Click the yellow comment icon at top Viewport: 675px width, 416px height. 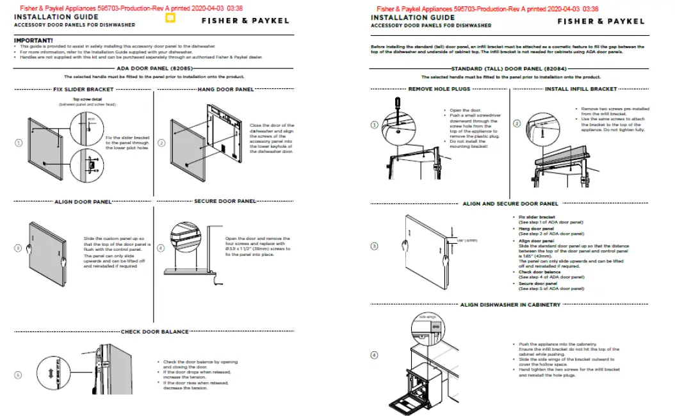coord(170,19)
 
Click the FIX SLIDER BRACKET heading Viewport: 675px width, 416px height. coord(83,90)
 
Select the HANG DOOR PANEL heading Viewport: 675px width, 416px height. coord(225,90)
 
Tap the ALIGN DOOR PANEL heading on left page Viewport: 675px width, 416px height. coord(83,201)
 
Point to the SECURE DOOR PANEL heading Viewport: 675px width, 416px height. coord(225,201)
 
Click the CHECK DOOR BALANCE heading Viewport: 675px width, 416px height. coord(155,332)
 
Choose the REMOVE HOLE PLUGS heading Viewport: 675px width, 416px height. coord(439,89)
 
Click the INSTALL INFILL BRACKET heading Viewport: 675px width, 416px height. coord(581,89)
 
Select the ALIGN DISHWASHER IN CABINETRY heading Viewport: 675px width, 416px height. coord(510,305)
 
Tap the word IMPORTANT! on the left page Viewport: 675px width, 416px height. coord(33,41)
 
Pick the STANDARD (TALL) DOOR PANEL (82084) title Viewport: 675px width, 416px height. coord(507,68)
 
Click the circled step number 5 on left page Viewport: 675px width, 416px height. coord(19,374)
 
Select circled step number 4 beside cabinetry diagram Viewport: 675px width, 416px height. coord(375,356)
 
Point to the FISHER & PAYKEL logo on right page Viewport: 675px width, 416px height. coord(601,21)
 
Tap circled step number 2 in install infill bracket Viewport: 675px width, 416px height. coord(517,123)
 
